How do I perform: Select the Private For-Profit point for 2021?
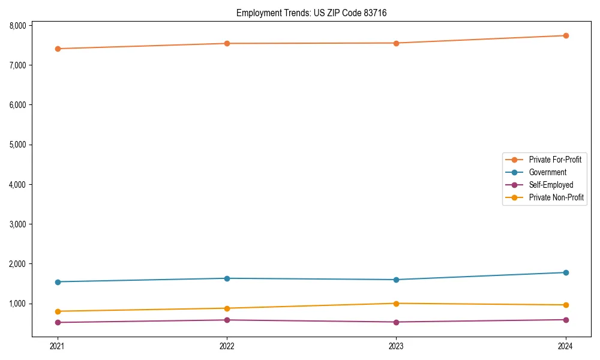pos(58,49)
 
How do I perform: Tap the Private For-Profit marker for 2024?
pos(566,35)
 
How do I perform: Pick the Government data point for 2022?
pos(227,278)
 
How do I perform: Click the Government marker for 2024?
pos(566,272)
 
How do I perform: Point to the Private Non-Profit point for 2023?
pos(397,304)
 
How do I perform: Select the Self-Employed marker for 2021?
pos(58,322)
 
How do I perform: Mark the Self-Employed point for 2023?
pos(397,322)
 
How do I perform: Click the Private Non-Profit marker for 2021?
pos(58,311)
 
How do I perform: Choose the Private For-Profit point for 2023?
pos(397,43)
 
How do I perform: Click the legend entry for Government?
pos(547,172)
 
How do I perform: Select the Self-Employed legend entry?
pos(551,185)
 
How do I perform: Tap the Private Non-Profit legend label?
pos(556,197)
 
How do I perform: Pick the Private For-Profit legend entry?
pos(555,160)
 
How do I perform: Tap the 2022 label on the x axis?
pos(227,346)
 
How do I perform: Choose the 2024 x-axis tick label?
pos(566,346)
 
